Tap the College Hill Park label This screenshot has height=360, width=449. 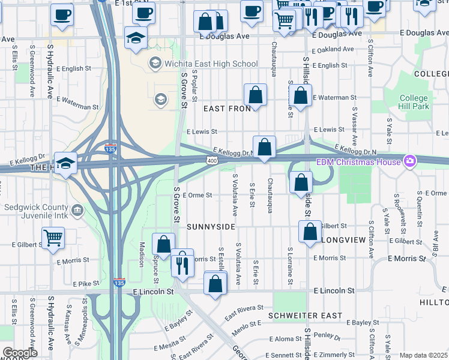point(414,102)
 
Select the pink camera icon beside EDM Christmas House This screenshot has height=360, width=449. point(410,161)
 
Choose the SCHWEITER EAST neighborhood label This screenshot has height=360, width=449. point(306,316)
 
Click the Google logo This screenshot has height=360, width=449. point(20,353)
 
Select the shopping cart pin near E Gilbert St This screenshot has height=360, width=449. point(53,238)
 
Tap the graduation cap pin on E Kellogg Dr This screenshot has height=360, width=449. point(66,163)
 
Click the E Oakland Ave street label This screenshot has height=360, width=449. point(334,50)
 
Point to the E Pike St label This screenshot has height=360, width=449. point(86,283)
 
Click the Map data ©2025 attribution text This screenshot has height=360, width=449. point(423,355)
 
